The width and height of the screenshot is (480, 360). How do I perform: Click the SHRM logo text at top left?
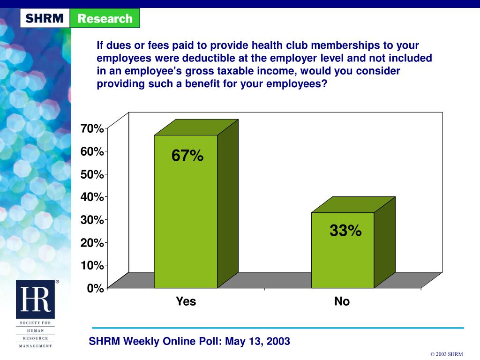tap(45, 19)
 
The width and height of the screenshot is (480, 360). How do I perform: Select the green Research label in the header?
tap(105, 19)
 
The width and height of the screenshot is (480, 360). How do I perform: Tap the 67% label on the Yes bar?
tap(187, 156)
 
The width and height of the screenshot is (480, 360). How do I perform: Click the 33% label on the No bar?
tap(345, 231)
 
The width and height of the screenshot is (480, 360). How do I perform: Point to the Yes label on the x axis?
tap(186, 301)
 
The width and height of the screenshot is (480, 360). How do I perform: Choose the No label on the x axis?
tap(342, 301)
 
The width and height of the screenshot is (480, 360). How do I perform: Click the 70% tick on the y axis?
tap(92, 128)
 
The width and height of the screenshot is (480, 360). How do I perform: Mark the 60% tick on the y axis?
tap(92, 151)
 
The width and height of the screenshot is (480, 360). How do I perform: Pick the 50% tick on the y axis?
tap(92, 174)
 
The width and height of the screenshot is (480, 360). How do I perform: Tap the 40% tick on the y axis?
tap(92, 197)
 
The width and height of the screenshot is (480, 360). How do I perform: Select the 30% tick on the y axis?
tap(92, 220)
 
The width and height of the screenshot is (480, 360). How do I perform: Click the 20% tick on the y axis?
tap(92, 243)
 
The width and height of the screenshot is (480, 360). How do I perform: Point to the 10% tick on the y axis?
tap(92, 265)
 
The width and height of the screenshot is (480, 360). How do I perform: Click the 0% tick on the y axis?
tap(95, 288)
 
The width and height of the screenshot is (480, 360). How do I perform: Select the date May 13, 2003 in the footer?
tap(257, 341)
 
